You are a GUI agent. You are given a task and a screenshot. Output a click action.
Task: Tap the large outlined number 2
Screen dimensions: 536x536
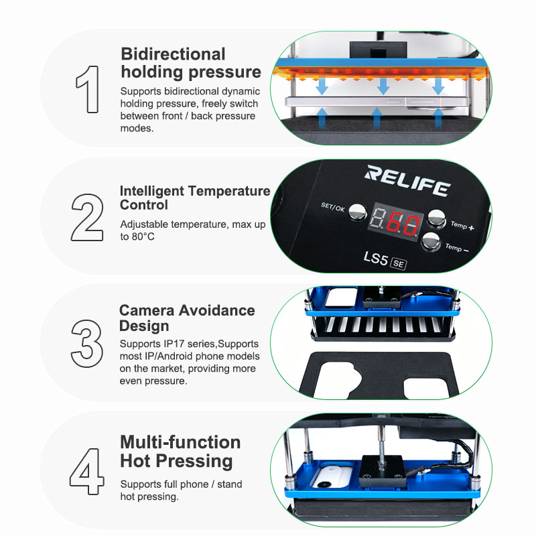[87, 217]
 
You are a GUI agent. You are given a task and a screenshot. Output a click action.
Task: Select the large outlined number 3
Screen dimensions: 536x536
[87, 344]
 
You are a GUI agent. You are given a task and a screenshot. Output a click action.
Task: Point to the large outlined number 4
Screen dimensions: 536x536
[87, 472]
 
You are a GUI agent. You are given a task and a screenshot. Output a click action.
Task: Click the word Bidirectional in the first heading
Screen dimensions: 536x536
[173, 54]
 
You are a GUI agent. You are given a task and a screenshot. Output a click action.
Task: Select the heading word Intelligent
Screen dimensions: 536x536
[152, 191]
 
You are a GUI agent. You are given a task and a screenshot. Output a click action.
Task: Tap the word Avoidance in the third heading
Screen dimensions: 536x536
[216, 310]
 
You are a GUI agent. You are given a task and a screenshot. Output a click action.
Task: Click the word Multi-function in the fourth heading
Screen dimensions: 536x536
[180, 442]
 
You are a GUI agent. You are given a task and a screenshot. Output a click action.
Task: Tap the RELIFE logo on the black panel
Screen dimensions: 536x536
[407, 181]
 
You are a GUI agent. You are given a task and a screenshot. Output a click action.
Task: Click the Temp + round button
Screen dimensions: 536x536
[437, 218]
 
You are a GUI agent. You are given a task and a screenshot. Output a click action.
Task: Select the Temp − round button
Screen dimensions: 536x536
[431, 241]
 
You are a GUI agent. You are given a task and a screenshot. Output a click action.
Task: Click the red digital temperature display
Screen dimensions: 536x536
[396, 222]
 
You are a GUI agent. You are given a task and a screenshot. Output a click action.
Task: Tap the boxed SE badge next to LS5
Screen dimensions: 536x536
[398, 263]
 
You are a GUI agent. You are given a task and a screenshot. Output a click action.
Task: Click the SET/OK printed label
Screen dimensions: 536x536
[333, 207]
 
